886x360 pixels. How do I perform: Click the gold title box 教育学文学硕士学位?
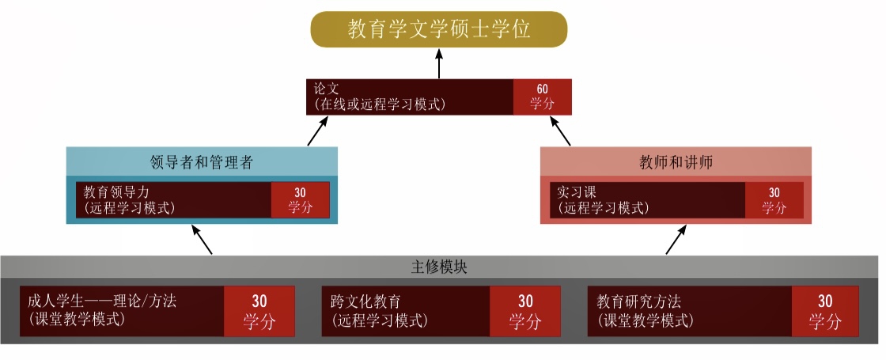click(x=438, y=29)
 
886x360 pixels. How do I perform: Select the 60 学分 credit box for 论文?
click(x=542, y=96)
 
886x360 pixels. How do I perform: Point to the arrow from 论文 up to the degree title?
click(x=439, y=63)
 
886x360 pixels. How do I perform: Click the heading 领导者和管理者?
click(x=202, y=162)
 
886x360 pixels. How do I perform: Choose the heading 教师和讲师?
click(x=676, y=162)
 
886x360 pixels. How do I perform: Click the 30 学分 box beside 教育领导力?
click(x=300, y=199)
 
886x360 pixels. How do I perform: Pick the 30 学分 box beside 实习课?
click(x=774, y=199)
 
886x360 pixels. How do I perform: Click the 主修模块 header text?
click(x=439, y=267)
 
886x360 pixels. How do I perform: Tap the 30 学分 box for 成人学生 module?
click(x=259, y=311)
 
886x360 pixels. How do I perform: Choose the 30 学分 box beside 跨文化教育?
click(x=525, y=311)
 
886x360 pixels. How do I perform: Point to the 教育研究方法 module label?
click(x=638, y=301)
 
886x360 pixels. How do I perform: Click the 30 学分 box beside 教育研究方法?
click(x=825, y=311)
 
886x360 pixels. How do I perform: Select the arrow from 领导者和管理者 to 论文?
click(x=317, y=131)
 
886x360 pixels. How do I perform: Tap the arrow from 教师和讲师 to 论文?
click(x=558, y=131)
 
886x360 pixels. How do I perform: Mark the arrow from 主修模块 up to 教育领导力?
click(x=202, y=240)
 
